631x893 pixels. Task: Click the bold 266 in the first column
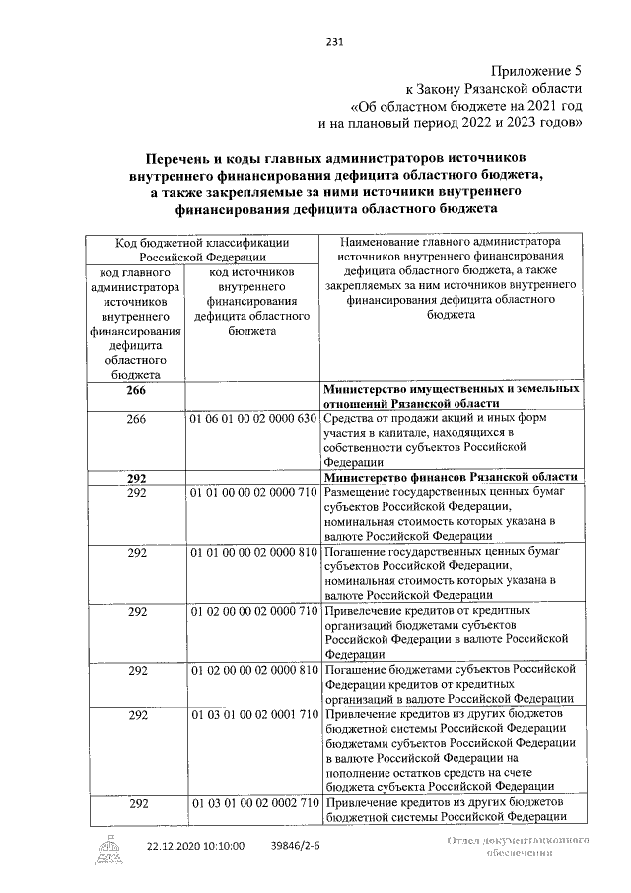click(137, 392)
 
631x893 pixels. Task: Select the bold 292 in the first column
click(137, 478)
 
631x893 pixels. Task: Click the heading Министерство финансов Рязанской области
click(450, 478)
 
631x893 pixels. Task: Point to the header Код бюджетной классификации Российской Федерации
click(202, 249)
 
